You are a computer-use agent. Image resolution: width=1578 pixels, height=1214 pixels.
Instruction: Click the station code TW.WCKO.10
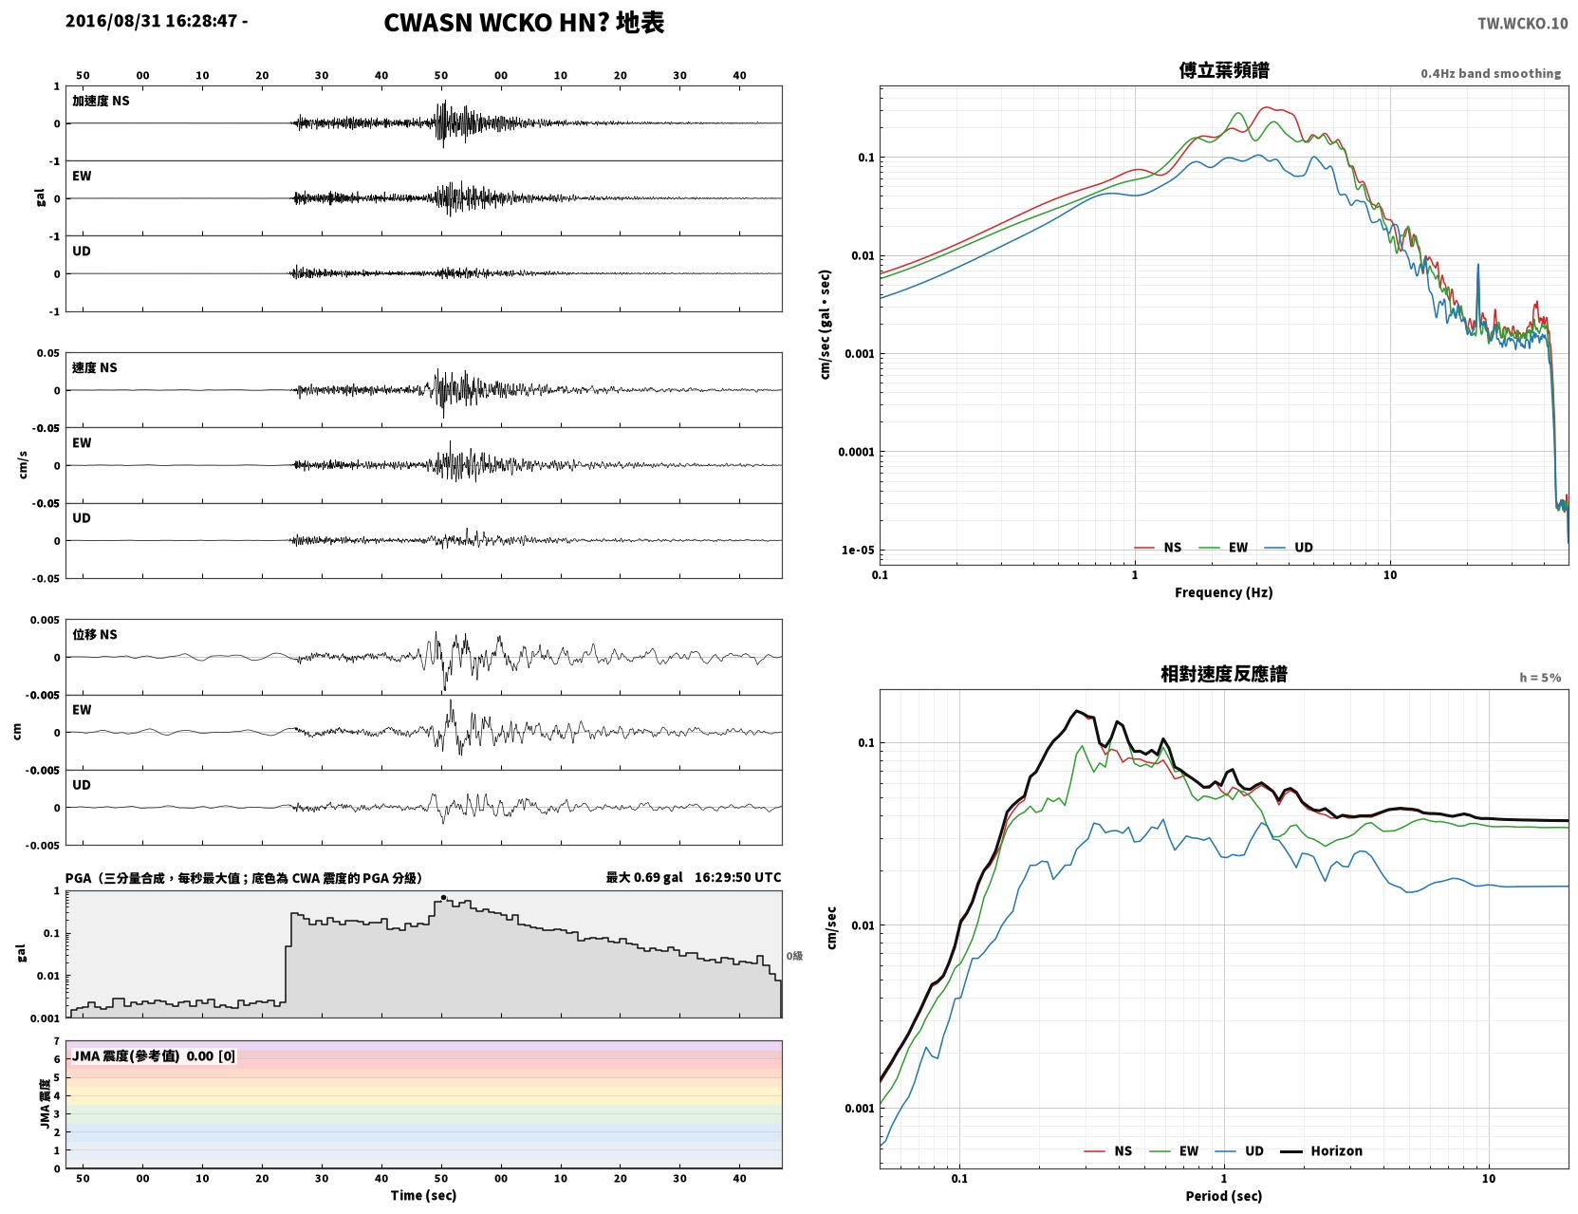pyautogui.click(x=1522, y=23)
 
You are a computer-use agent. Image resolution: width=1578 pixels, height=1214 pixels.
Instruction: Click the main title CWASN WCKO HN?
pyautogui.click(x=495, y=23)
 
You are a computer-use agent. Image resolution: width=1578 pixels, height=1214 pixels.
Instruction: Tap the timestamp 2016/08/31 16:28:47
pyautogui.click(x=151, y=20)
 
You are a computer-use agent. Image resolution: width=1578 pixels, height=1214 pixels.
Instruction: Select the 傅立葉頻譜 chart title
pyautogui.click(x=1224, y=70)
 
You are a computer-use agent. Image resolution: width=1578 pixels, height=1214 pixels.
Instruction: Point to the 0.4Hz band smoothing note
pyautogui.click(x=1490, y=73)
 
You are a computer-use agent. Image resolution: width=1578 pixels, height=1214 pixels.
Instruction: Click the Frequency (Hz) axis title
pyautogui.click(x=1224, y=592)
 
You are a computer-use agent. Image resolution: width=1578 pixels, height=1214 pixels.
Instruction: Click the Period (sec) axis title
pyautogui.click(x=1224, y=1196)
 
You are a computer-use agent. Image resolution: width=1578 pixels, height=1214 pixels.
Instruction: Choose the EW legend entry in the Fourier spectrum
pyautogui.click(x=1224, y=548)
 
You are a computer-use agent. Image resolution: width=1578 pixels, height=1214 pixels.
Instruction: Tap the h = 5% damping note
pyautogui.click(x=1539, y=678)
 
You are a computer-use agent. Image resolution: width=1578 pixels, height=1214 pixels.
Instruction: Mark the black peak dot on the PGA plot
pyautogui.click(x=444, y=897)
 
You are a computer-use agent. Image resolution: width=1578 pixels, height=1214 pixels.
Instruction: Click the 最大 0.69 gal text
pyautogui.click(x=644, y=877)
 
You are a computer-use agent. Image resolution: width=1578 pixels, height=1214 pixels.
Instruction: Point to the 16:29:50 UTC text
pyautogui.click(x=738, y=877)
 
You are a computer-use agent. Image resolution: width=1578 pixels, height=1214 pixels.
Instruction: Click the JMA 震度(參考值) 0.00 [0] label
pyautogui.click(x=153, y=1055)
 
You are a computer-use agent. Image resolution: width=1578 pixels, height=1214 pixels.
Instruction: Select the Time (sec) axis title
pyautogui.click(x=423, y=1195)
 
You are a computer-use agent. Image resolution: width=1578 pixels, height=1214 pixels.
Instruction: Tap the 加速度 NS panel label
pyautogui.click(x=101, y=101)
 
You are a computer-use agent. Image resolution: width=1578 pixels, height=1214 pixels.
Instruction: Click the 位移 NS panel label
pyautogui.click(x=94, y=635)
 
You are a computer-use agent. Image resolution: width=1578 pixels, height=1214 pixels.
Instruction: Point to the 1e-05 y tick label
pyautogui.click(x=858, y=550)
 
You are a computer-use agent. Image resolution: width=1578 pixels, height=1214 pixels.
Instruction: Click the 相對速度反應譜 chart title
pyautogui.click(x=1224, y=674)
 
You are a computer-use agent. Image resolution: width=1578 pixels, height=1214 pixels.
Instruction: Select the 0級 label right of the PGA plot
pyautogui.click(x=794, y=956)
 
